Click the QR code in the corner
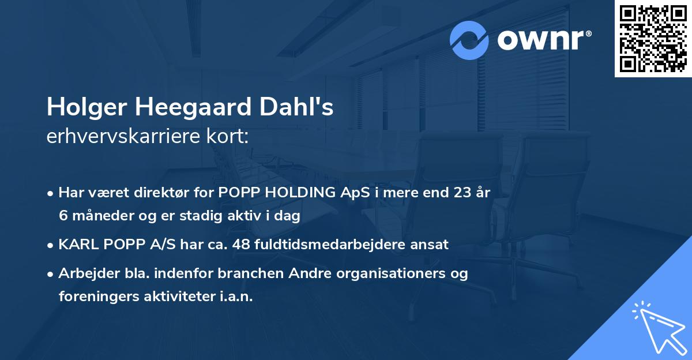[653, 38]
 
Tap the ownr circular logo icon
[469, 40]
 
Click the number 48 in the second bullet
[240, 244]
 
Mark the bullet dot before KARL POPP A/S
[51, 245]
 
